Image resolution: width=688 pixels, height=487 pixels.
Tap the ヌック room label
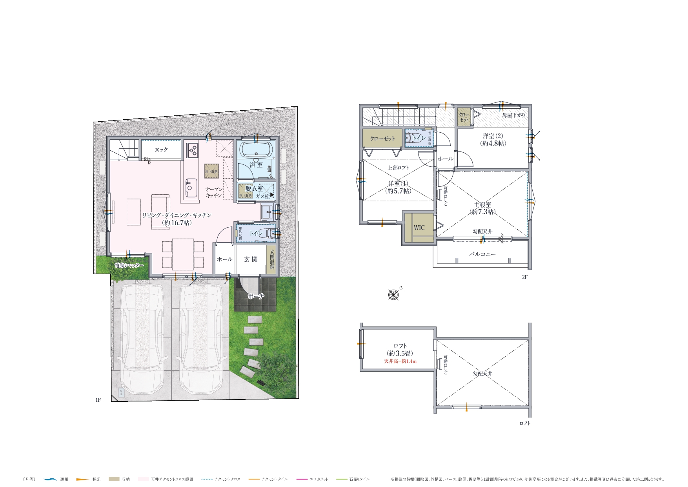click(161, 150)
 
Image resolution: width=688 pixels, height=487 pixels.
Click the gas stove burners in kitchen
click(193, 150)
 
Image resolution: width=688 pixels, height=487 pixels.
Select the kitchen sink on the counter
click(191, 188)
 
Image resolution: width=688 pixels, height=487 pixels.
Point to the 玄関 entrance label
click(251, 259)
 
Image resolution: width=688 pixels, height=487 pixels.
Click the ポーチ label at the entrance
click(256, 296)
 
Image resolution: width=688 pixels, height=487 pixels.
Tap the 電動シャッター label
click(129, 266)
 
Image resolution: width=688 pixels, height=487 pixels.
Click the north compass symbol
click(393, 294)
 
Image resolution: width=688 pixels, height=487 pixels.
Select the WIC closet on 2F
click(419, 228)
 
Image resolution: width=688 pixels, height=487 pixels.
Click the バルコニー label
click(482, 254)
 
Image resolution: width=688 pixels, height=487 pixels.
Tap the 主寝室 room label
click(482, 205)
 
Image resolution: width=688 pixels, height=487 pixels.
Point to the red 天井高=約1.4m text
click(400, 361)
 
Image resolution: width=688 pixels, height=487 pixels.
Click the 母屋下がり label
click(513, 115)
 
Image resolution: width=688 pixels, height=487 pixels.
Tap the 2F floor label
click(524, 277)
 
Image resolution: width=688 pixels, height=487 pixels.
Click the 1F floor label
click(98, 400)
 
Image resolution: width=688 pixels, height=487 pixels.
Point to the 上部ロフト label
click(398, 168)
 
